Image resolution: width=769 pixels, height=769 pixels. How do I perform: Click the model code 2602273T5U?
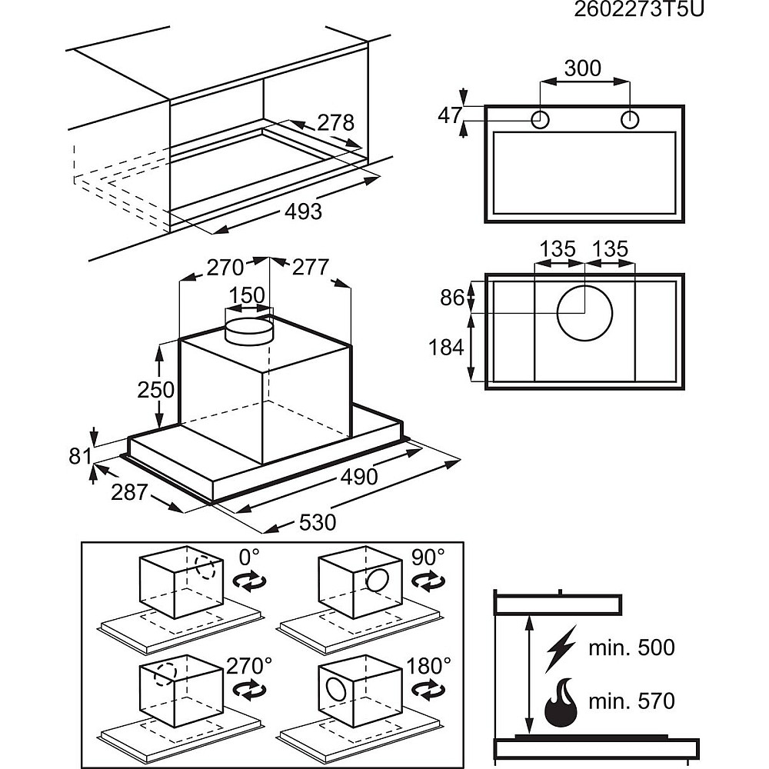pyautogui.click(x=639, y=10)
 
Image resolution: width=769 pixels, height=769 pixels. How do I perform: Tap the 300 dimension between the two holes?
pyautogui.click(x=583, y=68)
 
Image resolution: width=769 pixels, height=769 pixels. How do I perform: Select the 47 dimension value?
pyautogui.click(x=450, y=115)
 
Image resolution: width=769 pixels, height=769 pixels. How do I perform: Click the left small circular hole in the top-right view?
pyautogui.click(x=541, y=120)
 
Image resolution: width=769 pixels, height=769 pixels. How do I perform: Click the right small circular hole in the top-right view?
pyautogui.click(x=630, y=120)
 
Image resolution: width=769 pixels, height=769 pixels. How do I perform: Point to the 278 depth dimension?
pyautogui.click(x=335, y=122)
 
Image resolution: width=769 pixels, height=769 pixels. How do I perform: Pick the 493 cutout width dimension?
pyautogui.click(x=304, y=211)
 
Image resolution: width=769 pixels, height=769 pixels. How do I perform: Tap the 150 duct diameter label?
pyautogui.click(x=248, y=295)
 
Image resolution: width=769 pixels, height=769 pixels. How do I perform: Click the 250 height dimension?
pyautogui.click(x=156, y=390)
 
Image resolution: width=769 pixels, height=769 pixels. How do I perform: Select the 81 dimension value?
pyautogui.click(x=80, y=456)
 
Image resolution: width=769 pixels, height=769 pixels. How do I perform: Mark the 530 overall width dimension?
pyautogui.click(x=318, y=522)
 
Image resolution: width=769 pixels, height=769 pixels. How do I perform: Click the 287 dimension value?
pyautogui.click(x=128, y=491)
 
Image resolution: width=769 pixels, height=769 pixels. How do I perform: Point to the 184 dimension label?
pyautogui.click(x=447, y=348)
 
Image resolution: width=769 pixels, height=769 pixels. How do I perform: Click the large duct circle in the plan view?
pyautogui.click(x=584, y=315)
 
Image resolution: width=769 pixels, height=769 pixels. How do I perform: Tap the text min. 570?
pyautogui.click(x=631, y=701)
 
